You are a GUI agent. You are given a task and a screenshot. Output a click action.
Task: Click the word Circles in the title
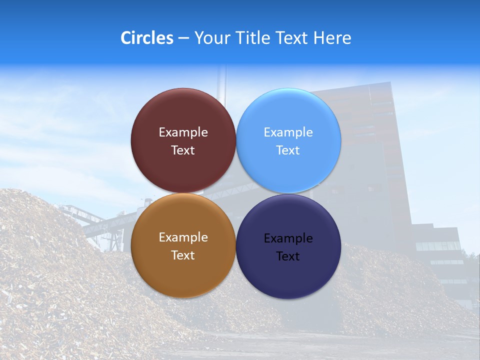tap(146, 38)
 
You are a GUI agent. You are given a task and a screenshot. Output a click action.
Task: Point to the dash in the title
tap(183, 38)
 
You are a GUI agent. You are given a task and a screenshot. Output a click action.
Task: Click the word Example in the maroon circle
tap(183, 132)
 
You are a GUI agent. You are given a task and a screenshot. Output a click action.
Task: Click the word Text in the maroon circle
tap(183, 150)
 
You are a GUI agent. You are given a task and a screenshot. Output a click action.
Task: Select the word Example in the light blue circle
tap(288, 132)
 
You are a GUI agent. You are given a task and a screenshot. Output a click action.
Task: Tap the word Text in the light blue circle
tap(288, 150)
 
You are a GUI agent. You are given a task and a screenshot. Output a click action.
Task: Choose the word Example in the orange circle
tap(183, 237)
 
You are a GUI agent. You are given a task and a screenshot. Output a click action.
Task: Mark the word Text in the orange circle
tap(183, 255)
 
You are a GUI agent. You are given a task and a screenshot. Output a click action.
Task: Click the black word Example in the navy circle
tap(288, 238)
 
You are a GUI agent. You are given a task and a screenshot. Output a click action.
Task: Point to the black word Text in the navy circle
tap(288, 256)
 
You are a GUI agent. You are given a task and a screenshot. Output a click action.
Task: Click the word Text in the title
tap(292, 38)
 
